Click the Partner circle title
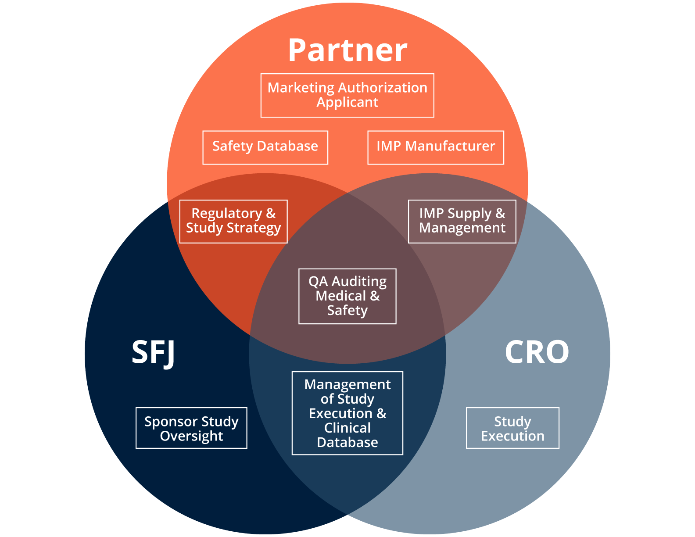coord(347,50)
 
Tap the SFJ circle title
coord(154,352)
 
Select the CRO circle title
coord(537,352)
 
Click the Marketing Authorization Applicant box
coord(347,95)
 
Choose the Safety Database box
coord(265,147)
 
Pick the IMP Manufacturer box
coord(435,147)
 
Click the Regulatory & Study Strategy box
coord(233,221)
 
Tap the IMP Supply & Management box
coord(462,221)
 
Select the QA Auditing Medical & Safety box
coord(347,296)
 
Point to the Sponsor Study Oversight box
coord(191,428)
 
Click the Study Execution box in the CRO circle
coord(512,428)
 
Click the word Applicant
coord(347,103)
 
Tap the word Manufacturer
coord(450,146)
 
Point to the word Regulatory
coord(227,214)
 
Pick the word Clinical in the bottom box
coord(347,428)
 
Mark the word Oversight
coord(191,436)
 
